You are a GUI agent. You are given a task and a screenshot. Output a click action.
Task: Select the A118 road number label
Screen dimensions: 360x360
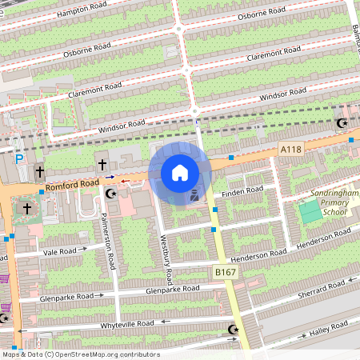point(290,150)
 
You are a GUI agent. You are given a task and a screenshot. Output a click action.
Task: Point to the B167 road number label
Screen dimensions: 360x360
point(224,273)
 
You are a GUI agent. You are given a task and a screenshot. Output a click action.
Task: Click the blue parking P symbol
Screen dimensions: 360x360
point(19,159)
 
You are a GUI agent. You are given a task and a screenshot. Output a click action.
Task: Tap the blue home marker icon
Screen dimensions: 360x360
point(180,173)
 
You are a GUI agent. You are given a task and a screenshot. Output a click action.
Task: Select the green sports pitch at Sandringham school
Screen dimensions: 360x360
point(310,212)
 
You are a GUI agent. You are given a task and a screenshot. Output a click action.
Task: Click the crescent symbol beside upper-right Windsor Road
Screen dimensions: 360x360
point(342,123)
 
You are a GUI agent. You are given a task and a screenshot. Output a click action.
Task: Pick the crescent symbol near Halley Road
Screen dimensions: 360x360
point(234,330)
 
